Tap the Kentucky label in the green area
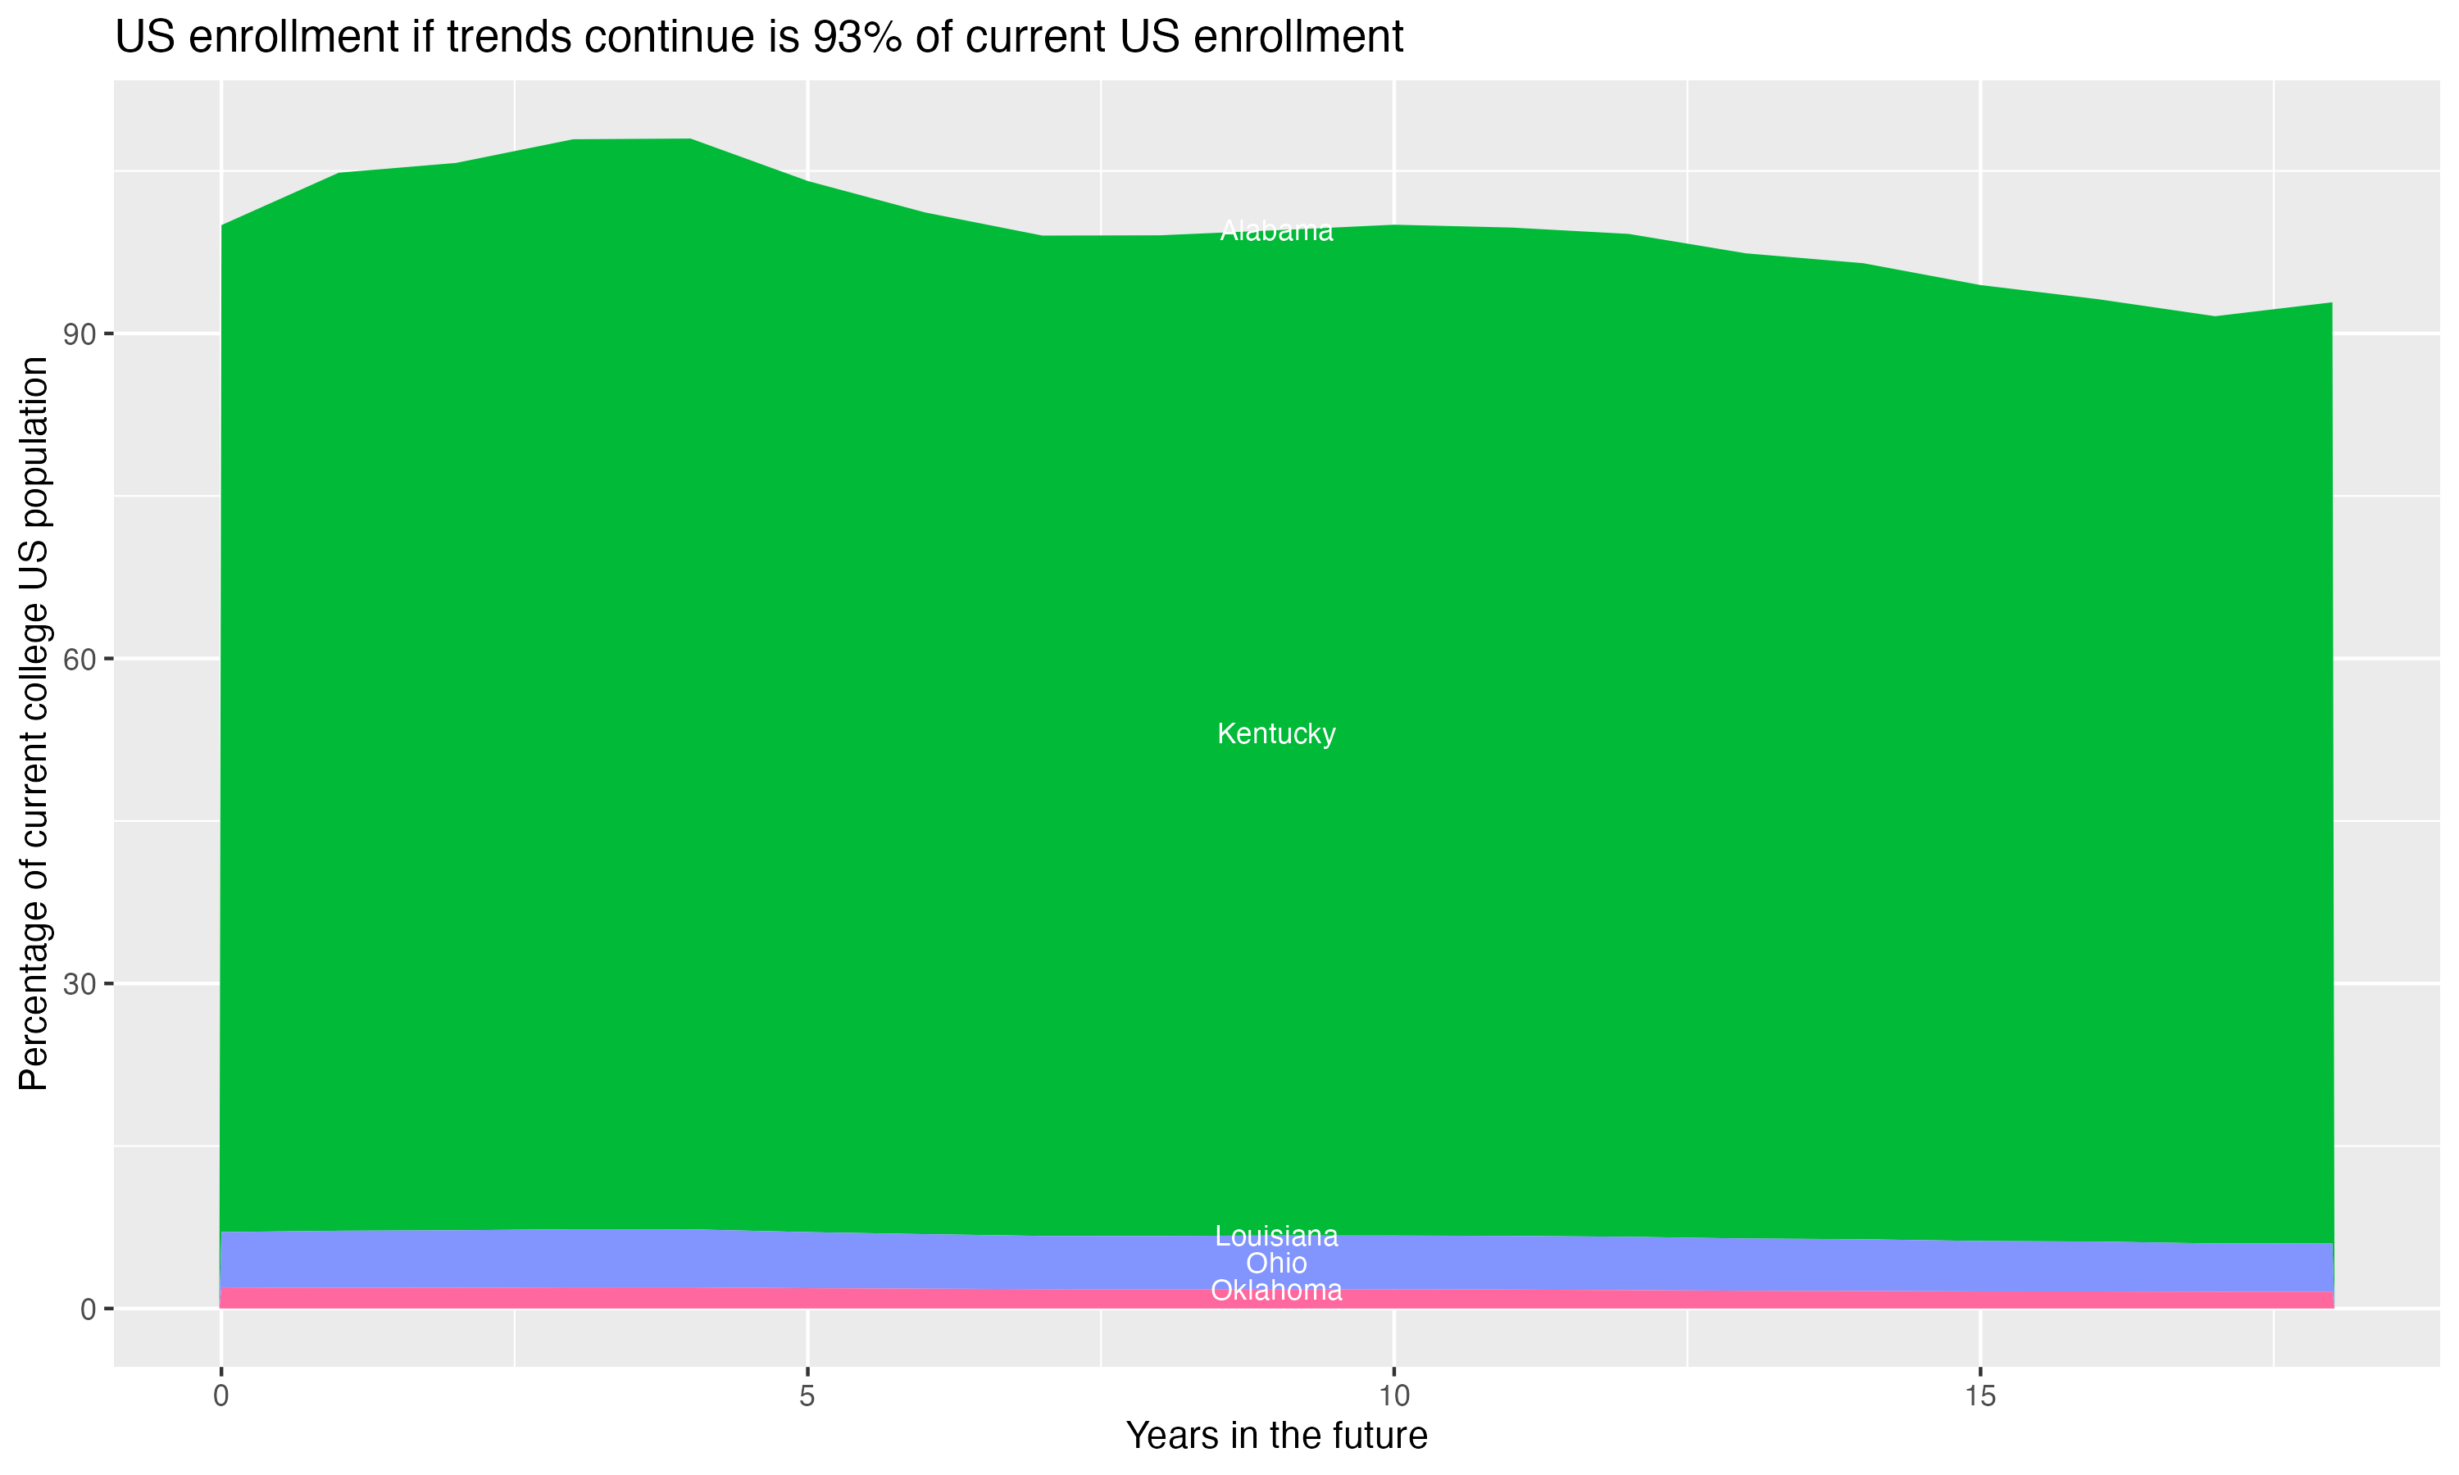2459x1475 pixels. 1276,733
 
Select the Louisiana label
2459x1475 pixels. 1276,1237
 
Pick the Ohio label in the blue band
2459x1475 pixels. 1276,1264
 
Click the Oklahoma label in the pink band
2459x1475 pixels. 1276,1290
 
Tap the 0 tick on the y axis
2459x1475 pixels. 88,1309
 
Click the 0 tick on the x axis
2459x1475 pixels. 220,1396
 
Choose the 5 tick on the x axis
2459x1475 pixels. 807,1396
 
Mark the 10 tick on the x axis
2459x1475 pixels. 1393,1396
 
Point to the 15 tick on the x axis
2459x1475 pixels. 1980,1396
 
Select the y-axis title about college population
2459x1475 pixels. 34,723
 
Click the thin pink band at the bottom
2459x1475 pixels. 696,1298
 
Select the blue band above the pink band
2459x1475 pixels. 696,1259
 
